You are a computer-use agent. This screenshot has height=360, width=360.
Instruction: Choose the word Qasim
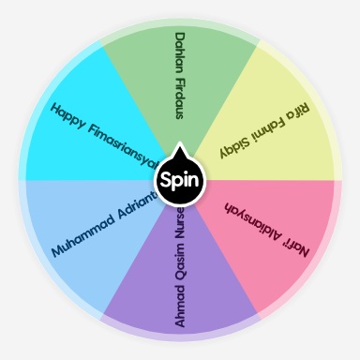(181, 261)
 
